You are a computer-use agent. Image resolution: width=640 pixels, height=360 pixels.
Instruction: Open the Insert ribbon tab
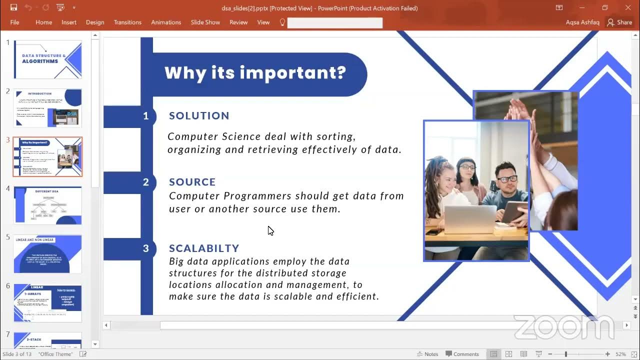[x=69, y=22]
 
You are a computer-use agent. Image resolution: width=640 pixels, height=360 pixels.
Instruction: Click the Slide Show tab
[x=205, y=22]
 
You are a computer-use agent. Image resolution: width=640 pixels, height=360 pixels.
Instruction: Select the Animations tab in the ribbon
[x=166, y=22]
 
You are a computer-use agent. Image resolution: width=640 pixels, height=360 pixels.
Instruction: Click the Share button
[x=619, y=22]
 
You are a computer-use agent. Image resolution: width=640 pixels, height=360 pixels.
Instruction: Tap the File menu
[x=14, y=22]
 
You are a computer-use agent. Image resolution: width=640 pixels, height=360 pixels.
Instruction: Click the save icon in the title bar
[x=13, y=7]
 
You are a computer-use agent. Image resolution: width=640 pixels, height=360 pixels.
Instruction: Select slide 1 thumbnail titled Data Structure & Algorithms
[x=47, y=59]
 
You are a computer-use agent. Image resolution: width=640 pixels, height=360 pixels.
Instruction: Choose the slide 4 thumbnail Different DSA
[x=47, y=205]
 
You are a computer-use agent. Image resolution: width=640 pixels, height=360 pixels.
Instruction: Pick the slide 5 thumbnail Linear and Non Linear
[x=47, y=254]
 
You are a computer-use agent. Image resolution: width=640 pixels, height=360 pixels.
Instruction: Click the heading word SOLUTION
[x=199, y=115]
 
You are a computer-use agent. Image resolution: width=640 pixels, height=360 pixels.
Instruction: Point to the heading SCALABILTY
[x=204, y=248]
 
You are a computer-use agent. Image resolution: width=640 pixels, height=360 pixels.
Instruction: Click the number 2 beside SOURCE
[x=146, y=182]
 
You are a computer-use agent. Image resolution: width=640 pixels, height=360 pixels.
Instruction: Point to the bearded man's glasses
[x=506, y=178]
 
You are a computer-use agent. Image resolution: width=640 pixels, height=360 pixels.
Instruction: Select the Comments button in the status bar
[x=462, y=354]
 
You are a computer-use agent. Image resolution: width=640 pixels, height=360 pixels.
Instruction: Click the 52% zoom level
[x=620, y=354]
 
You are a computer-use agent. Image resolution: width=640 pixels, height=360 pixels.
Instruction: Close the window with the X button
[x=628, y=7]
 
